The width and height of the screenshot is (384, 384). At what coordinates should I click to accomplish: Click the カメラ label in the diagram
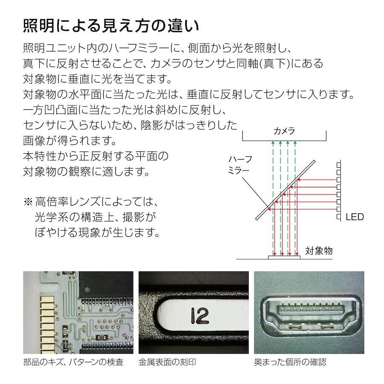284,131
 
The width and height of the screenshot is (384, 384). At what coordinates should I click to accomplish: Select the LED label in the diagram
354,217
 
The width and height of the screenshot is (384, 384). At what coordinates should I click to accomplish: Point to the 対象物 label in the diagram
319,250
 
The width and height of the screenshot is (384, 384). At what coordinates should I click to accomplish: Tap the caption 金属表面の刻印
167,362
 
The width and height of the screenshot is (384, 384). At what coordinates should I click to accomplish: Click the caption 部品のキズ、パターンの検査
73,362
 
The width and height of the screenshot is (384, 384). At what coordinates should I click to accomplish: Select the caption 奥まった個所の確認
290,362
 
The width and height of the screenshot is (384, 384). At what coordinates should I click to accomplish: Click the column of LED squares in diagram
338,190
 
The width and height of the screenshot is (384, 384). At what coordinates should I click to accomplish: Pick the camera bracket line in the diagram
284,140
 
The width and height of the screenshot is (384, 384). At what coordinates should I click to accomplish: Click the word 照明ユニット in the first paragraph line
55,48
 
